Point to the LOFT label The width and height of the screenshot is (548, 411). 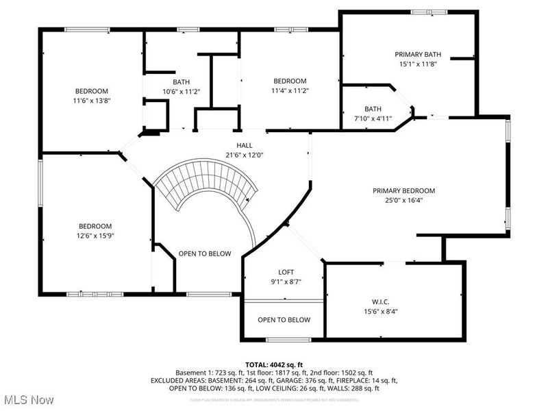click(286, 272)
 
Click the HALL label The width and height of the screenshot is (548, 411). click(245, 145)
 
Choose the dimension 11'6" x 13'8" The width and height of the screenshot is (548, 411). click(92, 100)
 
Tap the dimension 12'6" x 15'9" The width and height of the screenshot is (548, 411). click(94, 235)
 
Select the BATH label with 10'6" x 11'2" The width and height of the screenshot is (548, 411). click(181, 82)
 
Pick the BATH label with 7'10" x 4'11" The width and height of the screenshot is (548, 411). click(373, 109)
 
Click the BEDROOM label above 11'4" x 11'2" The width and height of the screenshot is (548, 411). click(289, 81)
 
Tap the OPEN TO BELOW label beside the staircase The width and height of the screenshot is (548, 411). click(205, 253)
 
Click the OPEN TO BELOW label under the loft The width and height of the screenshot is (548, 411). click(284, 320)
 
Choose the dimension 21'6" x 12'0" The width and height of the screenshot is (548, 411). click(245, 155)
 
